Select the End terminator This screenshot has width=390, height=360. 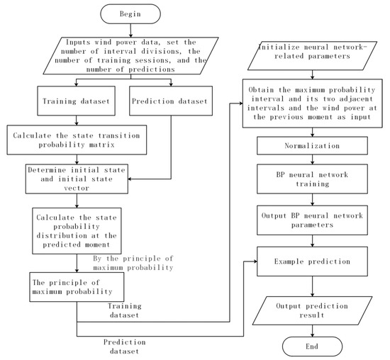313,347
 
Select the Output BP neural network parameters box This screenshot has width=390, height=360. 313,221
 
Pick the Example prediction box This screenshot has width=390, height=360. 313,262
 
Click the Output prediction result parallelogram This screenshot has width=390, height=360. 313,309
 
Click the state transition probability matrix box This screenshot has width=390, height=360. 77,138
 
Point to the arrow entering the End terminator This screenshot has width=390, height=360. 313,330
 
